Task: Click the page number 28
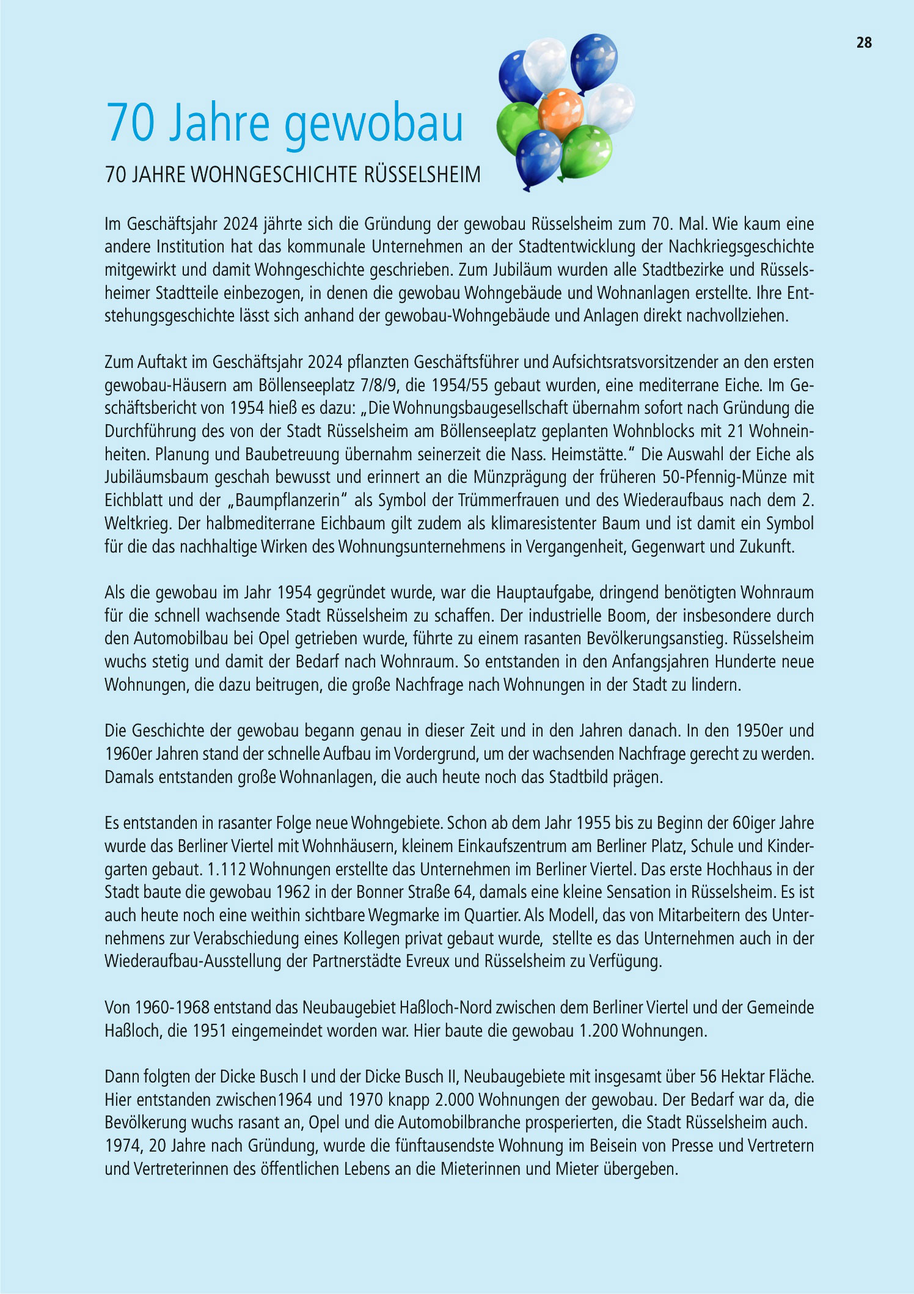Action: click(863, 43)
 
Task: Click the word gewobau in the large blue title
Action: click(373, 123)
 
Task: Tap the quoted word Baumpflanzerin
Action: click(288, 501)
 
